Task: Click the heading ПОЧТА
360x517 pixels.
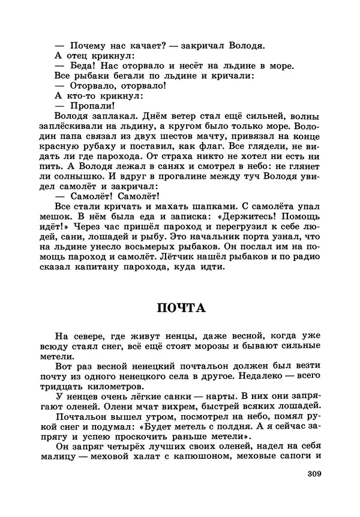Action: pos(181,308)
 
